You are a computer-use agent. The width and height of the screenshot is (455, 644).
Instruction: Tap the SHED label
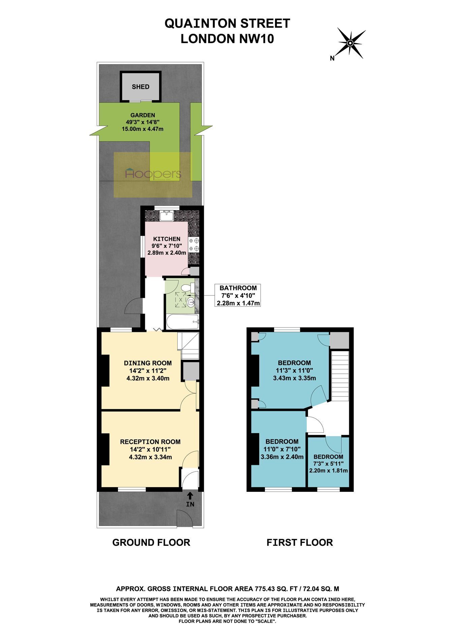tap(141, 87)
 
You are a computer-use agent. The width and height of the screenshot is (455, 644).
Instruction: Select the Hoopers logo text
tap(153, 174)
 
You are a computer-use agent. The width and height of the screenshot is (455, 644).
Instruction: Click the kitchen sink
tap(167, 215)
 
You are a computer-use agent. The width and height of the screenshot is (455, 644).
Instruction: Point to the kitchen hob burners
tap(194, 245)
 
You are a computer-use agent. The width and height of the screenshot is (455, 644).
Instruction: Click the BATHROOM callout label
tap(238, 288)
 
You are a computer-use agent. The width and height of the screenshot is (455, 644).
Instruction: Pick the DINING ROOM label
tap(148, 363)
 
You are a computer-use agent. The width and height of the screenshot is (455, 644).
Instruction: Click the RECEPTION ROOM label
tap(150, 442)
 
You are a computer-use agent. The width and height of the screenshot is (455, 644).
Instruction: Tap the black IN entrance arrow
tap(190, 495)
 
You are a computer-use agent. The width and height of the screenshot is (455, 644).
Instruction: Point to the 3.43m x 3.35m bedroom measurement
tap(294, 378)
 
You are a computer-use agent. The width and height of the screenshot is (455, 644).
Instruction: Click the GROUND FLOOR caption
tap(151, 542)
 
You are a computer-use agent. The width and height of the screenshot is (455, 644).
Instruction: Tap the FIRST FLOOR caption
tap(300, 542)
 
